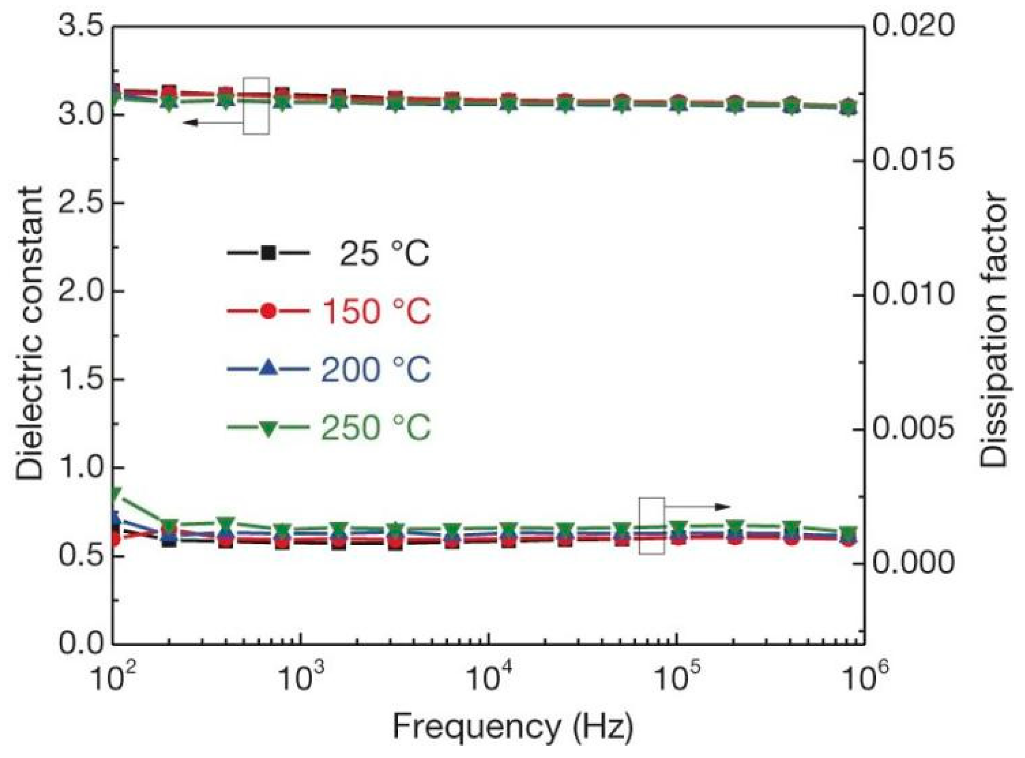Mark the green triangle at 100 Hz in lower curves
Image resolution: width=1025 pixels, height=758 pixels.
point(115,493)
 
